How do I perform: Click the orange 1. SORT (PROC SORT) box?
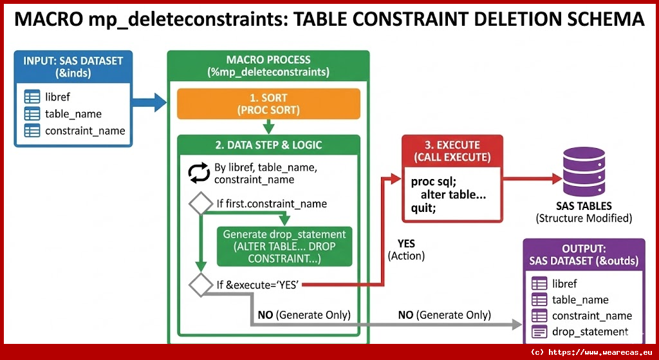click(268, 104)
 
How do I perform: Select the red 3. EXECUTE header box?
click(452, 151)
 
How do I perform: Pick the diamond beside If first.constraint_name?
click(200, 204)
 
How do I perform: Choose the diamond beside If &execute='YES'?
click(200, 284)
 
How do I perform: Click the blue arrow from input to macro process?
click(149, 100)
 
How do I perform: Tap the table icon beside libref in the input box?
click(32, 97)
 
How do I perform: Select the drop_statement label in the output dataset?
click(589, 332)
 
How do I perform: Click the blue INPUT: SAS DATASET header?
click(73, 66)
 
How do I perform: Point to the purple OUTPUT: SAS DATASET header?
click(584, 254)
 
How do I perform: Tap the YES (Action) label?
click(406, 250)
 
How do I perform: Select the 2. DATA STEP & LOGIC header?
click(268, 145)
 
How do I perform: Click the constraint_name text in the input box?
click(85, 131)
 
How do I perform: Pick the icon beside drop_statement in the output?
click(539, 332)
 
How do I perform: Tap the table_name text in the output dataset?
click(580, 299)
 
